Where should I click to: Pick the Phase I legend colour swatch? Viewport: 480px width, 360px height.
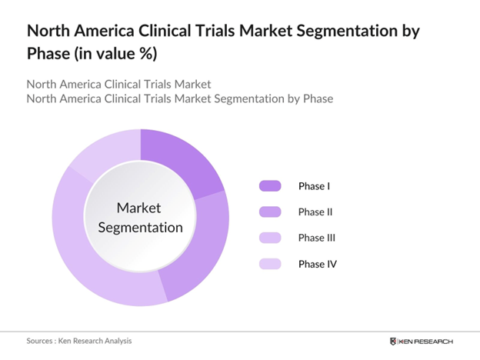point(270,185)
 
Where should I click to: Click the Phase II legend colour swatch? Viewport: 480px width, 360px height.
point(270,212)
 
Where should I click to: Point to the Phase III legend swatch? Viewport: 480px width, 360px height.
point(270,238)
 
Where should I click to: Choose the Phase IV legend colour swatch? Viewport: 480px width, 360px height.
point(270,264)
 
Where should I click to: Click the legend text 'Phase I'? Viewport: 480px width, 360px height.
point(314,185)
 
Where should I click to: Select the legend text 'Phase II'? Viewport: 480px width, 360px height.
point(315,212)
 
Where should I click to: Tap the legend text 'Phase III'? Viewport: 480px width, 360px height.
point(317,238)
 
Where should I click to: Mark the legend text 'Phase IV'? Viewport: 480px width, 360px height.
point(318,264)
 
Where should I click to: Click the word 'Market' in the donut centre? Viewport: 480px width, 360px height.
point(139,208)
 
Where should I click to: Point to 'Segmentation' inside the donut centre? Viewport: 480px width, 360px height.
point(139,228)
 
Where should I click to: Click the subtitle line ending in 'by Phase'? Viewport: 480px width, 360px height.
point(179,99)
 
